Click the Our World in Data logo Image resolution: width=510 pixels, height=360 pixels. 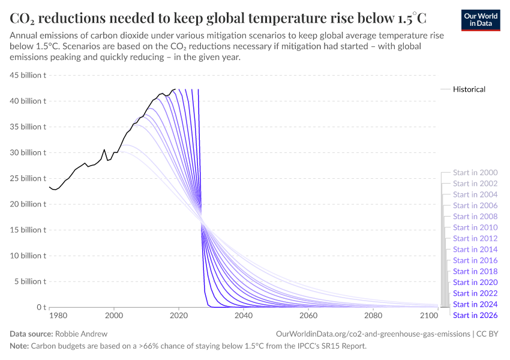click(x=480, y=19)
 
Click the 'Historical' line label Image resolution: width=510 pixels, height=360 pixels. click(x=469, y=89)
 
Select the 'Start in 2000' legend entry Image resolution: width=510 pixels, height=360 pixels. click(x=475, y=173)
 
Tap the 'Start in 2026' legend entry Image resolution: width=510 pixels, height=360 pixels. click(x=475, y=315)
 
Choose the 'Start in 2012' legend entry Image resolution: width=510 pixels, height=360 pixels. click(x=475, y=238)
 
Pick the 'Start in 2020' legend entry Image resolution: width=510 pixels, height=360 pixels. click(x=475, y=282)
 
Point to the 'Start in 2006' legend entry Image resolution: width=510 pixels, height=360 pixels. click(x=475, y=206)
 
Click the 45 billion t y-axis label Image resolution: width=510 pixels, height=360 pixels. click(x=27, y=76)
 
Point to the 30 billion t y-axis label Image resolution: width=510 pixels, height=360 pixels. click(x=27, y=152)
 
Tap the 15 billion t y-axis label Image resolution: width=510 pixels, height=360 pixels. click(x=27, y=230)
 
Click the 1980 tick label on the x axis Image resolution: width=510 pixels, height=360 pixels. click(x=58, y=316)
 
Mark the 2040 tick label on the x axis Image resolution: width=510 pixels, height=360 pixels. click(x=244, y=316)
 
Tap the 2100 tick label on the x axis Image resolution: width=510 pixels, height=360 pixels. click(x=429, y=316)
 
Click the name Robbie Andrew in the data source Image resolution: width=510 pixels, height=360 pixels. click(x=80, y=333)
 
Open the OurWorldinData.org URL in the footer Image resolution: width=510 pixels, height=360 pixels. click(x=372, y=333)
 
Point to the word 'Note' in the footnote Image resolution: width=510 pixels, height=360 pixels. click(x=19, y=346)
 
